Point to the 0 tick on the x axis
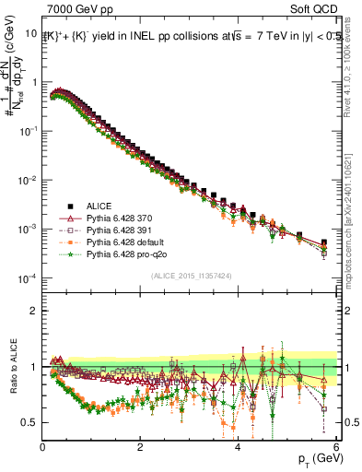[x=42, y=446]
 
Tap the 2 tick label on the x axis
[x=140, y=446]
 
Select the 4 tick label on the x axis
[x=238, y=446]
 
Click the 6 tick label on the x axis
[x=335, y=446]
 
